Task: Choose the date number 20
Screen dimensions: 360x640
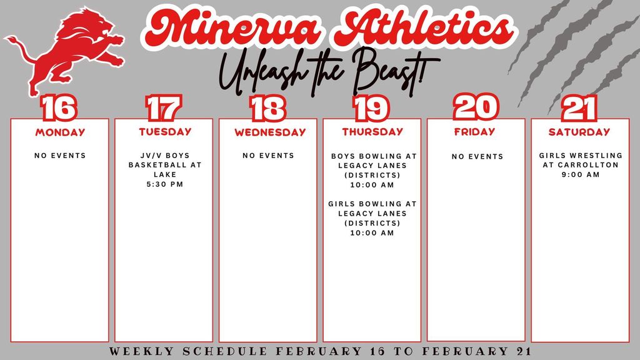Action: [x=476, y=107]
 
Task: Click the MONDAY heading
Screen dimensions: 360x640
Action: [x=60, y=132]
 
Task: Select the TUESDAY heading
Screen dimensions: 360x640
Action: [x=165, y=132]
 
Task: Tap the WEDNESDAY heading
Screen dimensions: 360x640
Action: [x=270, y=132]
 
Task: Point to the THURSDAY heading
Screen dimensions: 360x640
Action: [x=372, y=132]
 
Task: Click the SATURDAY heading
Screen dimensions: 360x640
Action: [x=579, y=132]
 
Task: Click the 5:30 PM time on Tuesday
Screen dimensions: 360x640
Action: [x=165, y=184]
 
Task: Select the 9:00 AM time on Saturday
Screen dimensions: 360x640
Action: [x=581, y=174]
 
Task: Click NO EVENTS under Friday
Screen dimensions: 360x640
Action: [x=477, y=156]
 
